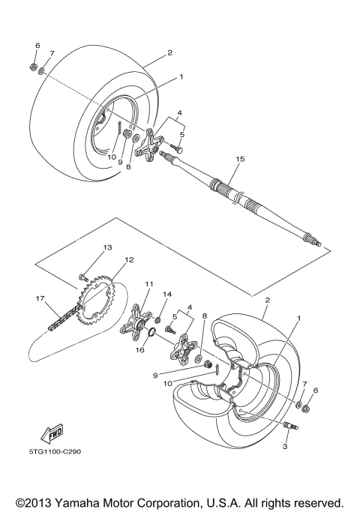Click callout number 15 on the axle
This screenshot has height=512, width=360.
tap(240, 160)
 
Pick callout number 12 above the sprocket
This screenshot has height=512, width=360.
tap(129, 260)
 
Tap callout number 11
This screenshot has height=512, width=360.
tap(148, 284)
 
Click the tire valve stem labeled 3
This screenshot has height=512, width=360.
tap(289, 427)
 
